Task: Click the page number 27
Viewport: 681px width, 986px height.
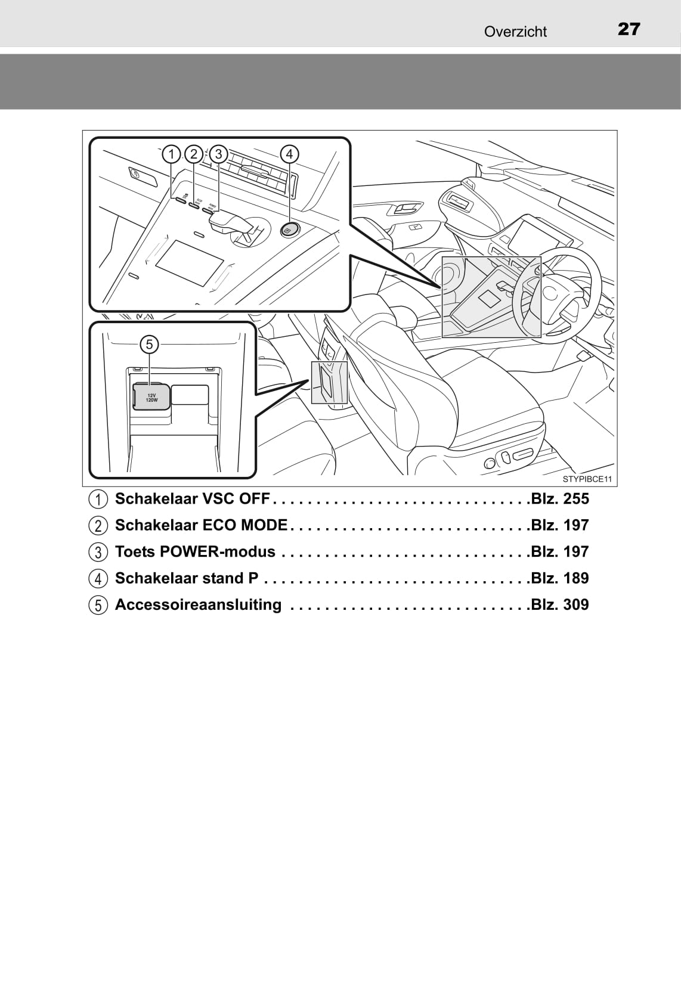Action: (x=629, y=29)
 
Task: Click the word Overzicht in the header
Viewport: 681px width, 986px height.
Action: (x=515, y=32)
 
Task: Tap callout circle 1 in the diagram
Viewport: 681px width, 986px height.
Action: (x=171, y=154)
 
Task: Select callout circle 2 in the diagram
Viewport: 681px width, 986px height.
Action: (x=194, y=154)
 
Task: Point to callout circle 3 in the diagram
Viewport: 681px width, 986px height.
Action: (x=218, y=154)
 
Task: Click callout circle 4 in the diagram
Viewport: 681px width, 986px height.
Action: (x=289, y=154)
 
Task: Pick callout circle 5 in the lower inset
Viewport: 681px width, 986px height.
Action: (x=149, y=344)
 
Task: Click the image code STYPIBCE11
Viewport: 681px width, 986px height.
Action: (x=587, y=479)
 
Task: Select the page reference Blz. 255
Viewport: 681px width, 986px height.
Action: (x=560, y=499)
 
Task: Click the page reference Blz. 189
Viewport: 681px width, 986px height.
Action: (x=560, y=578)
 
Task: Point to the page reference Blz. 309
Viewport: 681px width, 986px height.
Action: (x=560, y=604)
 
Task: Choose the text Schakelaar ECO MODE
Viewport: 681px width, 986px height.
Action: (x=201, y=525)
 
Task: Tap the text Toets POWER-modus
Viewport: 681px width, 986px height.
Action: (x=195, y=552)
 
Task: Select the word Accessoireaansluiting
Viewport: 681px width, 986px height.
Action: (x=198, y=604)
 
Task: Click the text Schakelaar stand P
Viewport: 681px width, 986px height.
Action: (x=187, y=578)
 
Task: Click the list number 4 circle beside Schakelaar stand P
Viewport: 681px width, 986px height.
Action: (x=98, y=579)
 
